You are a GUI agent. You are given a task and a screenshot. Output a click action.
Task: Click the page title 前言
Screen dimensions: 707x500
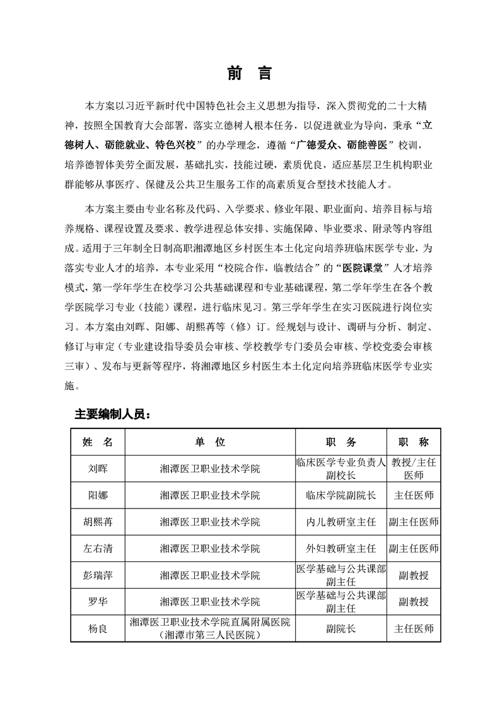tap(250, 73)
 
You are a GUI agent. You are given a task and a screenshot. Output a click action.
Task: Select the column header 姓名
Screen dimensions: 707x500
tap(98, 442)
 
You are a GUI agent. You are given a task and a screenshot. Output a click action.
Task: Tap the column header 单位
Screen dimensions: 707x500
tap(210, 442)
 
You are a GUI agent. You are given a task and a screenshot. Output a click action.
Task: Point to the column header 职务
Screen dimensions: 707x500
tap(340, 442)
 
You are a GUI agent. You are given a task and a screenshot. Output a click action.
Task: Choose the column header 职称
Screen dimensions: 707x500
tap(414, 442)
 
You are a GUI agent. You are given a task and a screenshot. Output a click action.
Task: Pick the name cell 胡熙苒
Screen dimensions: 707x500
tap(98, 522)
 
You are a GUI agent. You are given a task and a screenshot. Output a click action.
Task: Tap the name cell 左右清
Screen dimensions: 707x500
tap(98, 548)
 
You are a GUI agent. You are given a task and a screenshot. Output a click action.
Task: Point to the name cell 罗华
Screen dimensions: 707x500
tap(98, 601)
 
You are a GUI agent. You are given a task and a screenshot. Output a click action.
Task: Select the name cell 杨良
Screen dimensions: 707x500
tap(98, 628)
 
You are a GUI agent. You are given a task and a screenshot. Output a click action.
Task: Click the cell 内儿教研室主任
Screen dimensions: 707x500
tap(340, 522)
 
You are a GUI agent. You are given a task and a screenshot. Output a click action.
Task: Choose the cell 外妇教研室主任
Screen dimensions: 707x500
tap(340, 548)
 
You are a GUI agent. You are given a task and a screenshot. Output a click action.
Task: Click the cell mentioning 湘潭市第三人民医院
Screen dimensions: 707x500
tap(210, 635)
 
